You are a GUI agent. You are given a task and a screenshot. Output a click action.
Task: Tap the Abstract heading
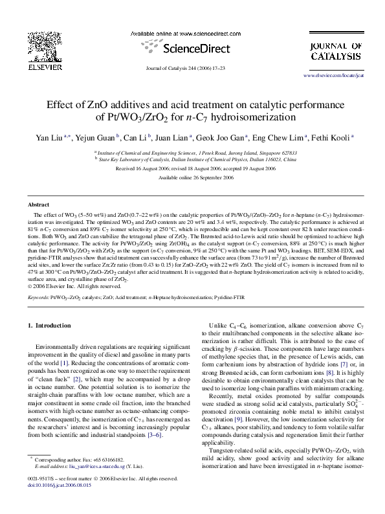(39, 204)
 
